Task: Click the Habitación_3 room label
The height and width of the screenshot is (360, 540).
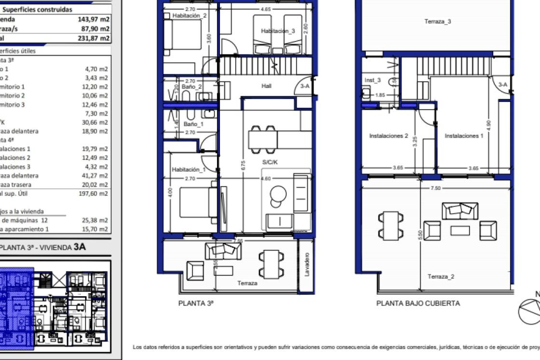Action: [278, 31]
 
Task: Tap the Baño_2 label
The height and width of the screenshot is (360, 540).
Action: [191, 87]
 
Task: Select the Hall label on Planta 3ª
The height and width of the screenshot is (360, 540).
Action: [266, 86]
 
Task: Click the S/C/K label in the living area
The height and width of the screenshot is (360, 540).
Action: [270, 162]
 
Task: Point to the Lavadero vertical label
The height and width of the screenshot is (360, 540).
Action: [307, 264]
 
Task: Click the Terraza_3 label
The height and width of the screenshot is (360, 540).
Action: [437, 21]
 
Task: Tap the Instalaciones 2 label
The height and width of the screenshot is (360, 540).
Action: [388, 136]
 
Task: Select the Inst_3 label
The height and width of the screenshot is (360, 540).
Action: [372, 80]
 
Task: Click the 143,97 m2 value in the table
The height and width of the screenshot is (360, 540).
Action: [93, 19]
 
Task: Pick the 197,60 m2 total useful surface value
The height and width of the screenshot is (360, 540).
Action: [93, 193]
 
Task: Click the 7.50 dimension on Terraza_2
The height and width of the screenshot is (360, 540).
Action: [435, 188]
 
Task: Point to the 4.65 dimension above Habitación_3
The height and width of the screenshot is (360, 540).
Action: [265, 9]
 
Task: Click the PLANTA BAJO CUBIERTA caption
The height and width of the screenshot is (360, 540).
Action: [418, 303]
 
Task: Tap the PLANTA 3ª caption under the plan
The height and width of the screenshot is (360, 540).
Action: [196, 303]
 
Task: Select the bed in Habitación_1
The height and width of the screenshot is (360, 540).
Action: [197, 202]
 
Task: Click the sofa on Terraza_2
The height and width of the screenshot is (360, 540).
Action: [460, 211]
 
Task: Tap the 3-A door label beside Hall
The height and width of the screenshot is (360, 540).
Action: [305, 86]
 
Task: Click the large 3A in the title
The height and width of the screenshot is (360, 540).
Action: [79, 247]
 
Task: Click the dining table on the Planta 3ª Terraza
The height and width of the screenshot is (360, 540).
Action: [271, 264]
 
